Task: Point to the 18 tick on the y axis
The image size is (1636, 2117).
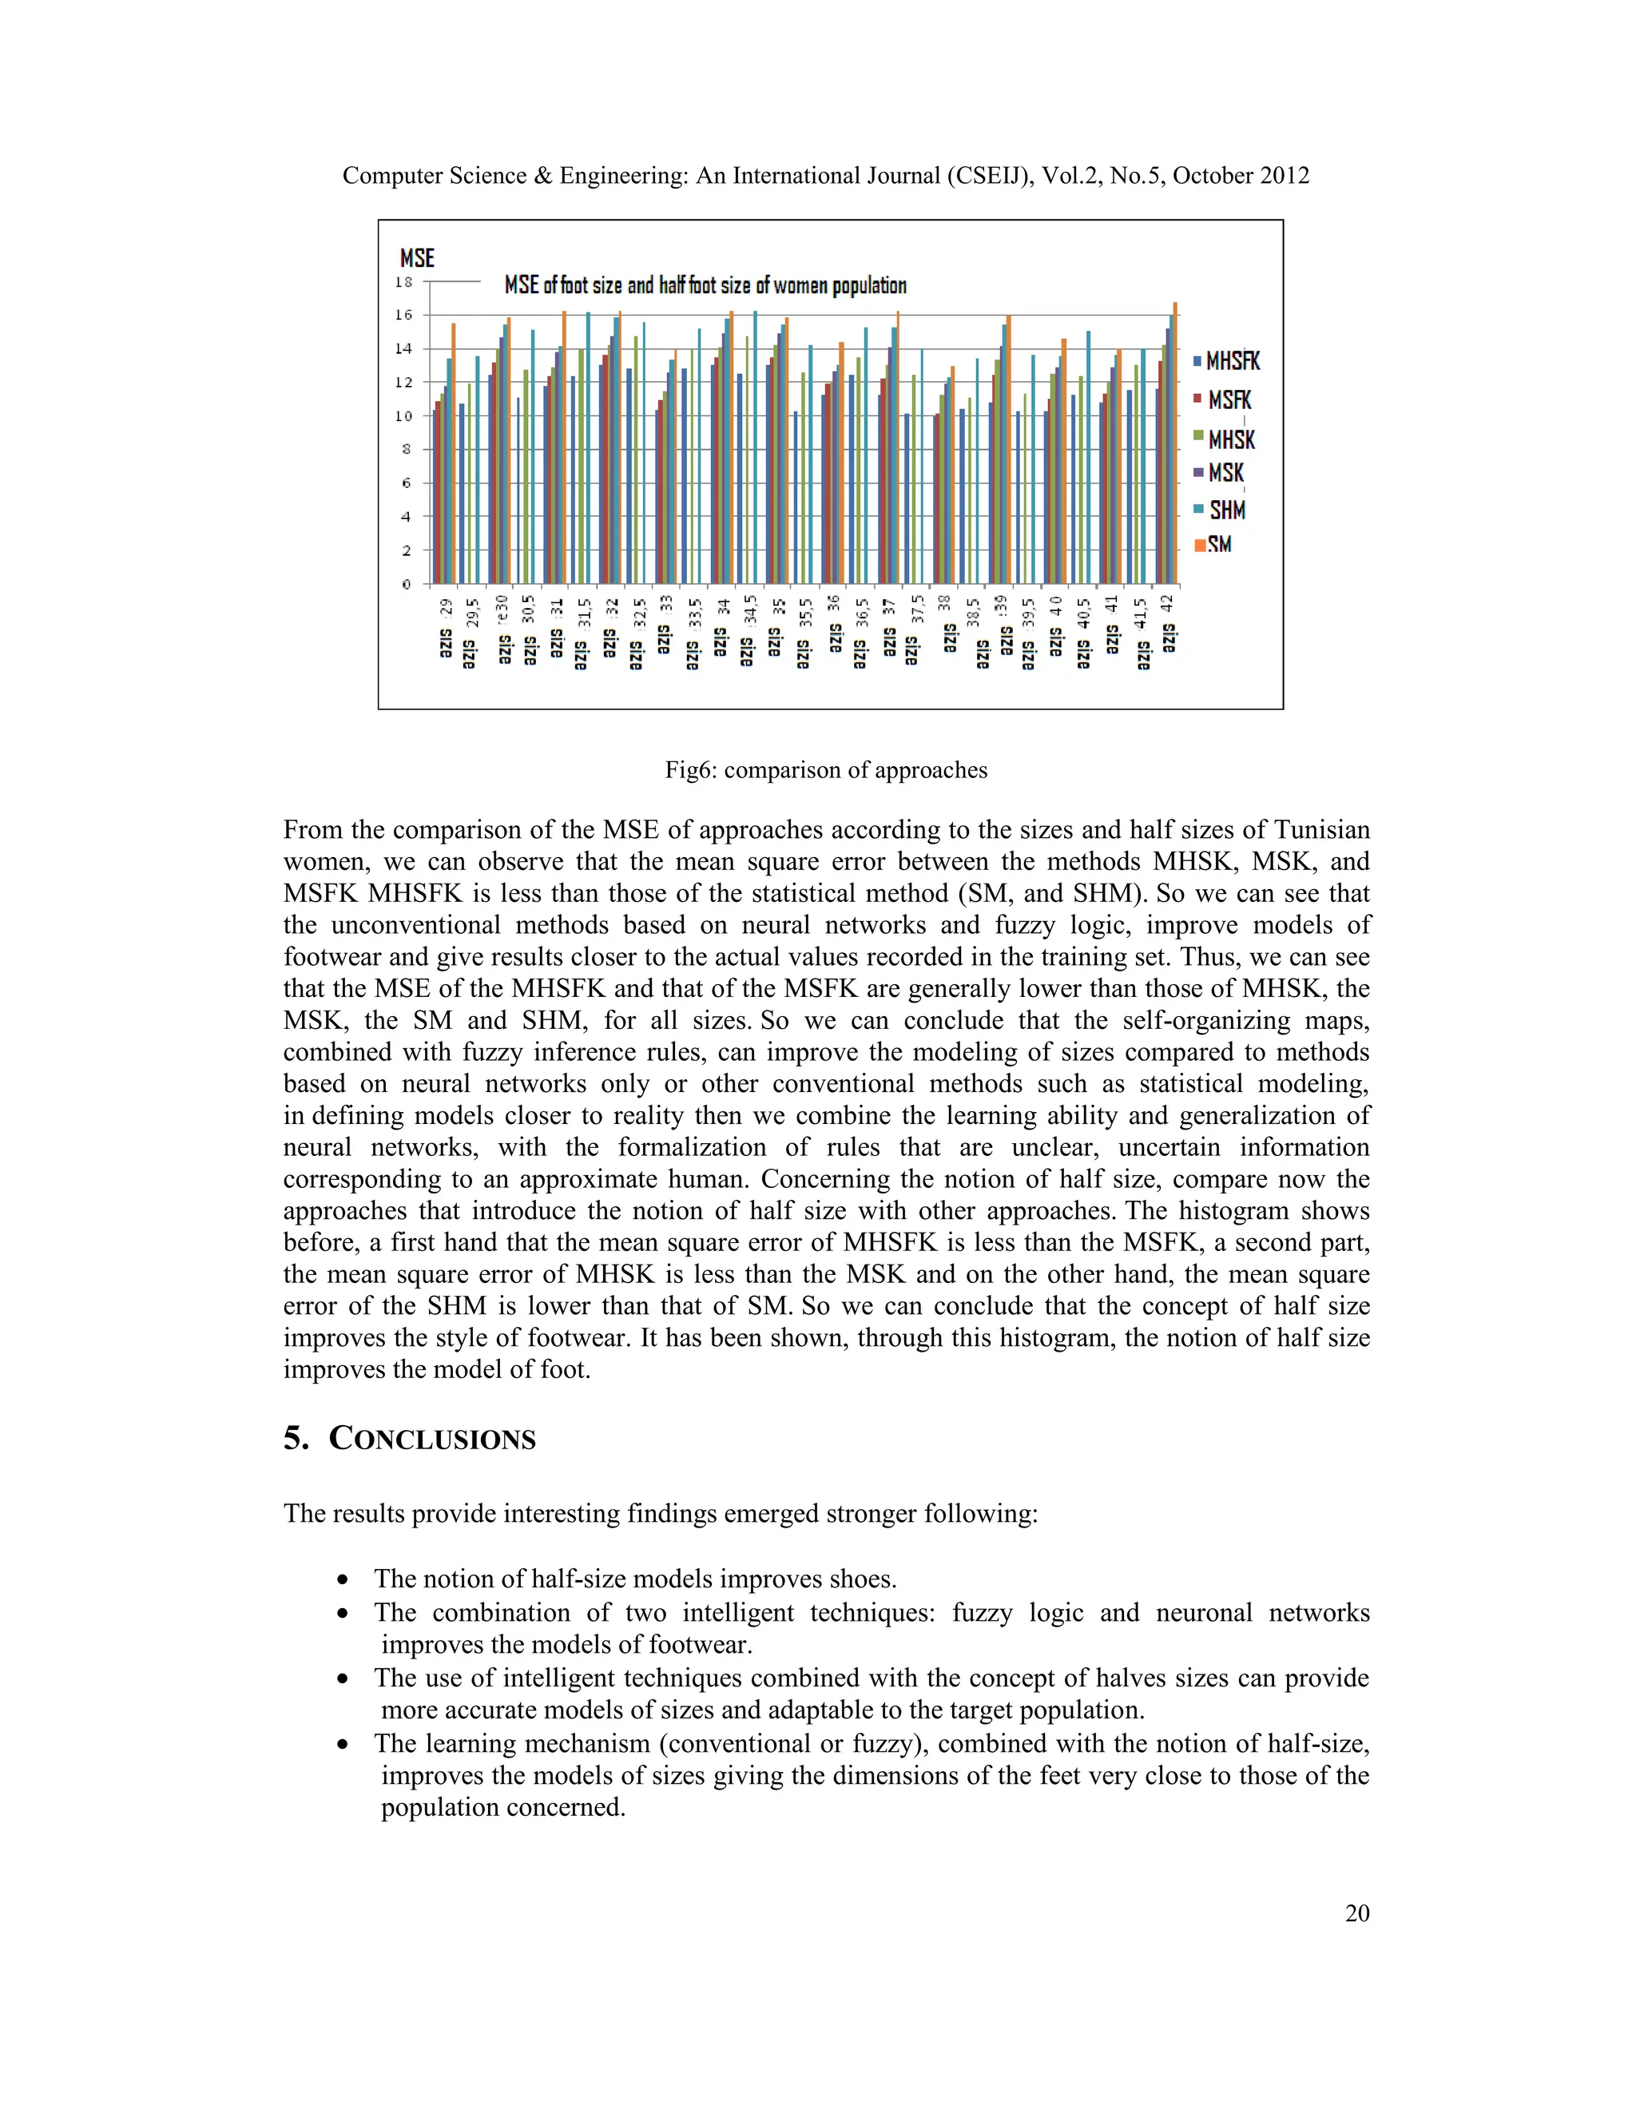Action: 403,282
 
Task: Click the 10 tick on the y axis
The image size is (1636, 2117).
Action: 403,416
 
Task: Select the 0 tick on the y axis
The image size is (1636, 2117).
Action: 406,583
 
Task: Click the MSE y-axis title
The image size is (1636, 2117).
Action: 417,258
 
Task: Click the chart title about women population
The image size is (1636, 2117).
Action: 705,285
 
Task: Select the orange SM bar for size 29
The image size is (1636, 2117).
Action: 453,453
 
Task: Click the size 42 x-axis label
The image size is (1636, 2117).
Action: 1168,626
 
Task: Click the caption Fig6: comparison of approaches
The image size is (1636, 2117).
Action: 826,769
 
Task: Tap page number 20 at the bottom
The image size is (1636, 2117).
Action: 1357,1912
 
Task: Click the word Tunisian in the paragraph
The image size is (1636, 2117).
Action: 1321,830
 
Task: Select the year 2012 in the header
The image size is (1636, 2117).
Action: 1281,176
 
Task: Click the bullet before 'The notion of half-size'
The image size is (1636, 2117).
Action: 343,1580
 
